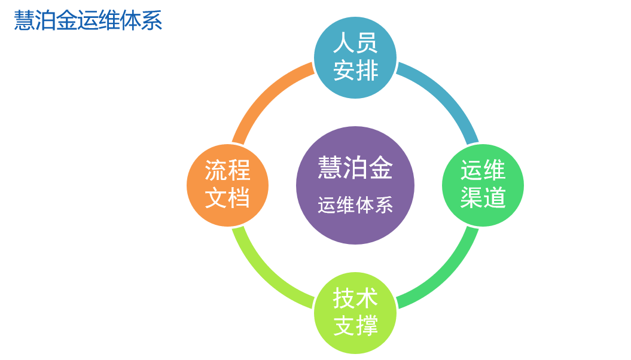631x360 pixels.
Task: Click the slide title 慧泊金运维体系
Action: [x=88, y=20]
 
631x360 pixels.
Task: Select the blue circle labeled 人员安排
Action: [x=355, y=57]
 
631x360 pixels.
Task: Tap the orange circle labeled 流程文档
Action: [x=228, y=185]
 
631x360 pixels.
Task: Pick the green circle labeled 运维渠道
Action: [x=483, y=185]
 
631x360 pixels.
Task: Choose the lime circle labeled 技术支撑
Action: [x=355, y=313]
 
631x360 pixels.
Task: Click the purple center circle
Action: [x=355, y=185]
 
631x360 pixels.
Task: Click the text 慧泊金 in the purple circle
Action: [x=355, y=167]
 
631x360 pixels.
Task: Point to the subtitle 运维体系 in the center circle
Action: [x=355, y=205]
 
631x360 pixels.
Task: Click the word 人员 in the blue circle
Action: [x=355, y=43]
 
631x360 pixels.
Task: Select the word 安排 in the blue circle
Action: [x=355, y=71]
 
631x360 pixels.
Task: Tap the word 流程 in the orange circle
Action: [x=228, y=170]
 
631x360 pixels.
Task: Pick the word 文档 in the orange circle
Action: [x=228, y=198]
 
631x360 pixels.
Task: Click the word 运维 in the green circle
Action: [x=483, y=170]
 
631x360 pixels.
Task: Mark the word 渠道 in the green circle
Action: [x=483, y=198]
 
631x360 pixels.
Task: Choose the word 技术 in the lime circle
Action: [x=355, y=298]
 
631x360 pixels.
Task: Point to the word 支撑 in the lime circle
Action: [x=355, y=326]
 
